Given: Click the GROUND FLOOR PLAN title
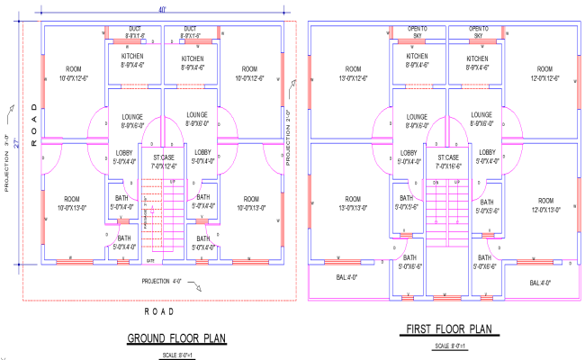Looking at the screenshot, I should pos(175,338).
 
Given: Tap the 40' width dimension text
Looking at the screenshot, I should pos(163,9).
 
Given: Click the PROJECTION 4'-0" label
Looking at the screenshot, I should pos(167,280).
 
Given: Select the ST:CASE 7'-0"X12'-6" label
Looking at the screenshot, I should pos(163,161).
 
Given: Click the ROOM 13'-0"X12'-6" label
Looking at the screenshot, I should pos(353,73).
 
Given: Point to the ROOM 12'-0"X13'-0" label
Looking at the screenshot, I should pos(545,204).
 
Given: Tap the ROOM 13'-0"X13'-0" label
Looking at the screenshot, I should pos(353,204).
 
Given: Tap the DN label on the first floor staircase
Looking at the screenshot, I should pos(434,183).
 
